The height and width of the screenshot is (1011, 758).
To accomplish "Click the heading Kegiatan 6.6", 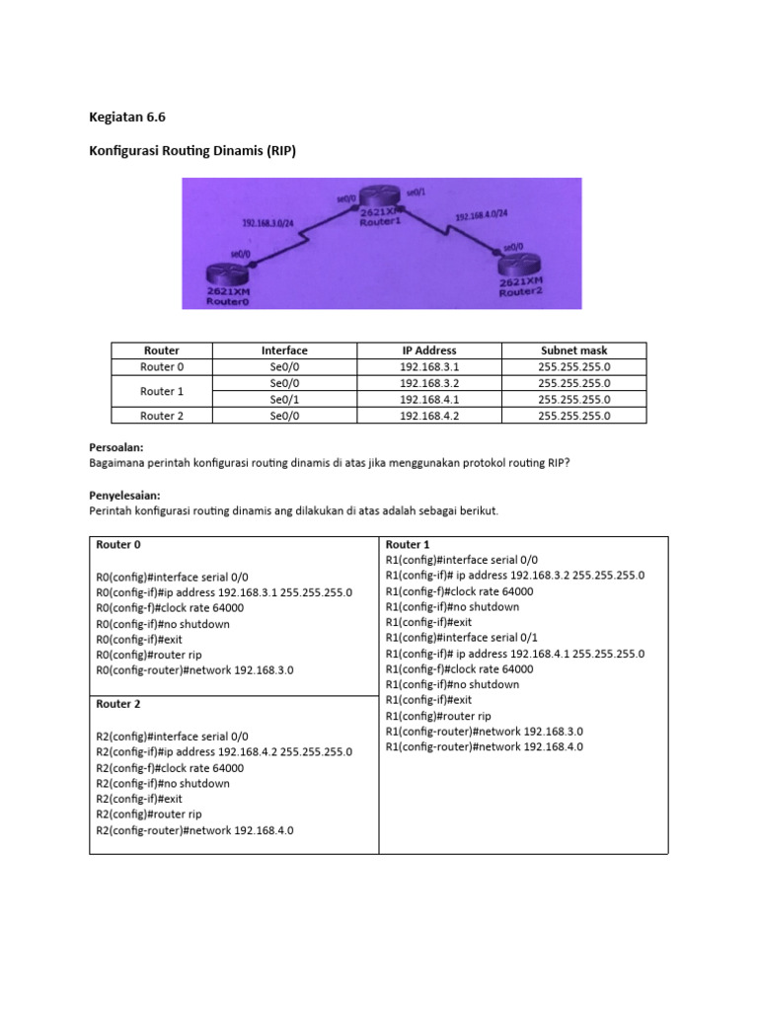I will click(127, 117).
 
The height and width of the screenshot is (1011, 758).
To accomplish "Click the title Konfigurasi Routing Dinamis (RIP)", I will click(192, 151).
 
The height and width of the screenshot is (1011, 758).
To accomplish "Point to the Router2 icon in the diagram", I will click(521, 267).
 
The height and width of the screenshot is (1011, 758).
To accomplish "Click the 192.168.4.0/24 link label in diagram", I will click(481, 214).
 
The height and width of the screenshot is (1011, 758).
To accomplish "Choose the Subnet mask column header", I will click(574, 350).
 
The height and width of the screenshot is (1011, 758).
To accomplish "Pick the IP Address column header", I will click(428, 350).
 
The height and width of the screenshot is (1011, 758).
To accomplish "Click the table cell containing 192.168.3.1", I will click(428, 366).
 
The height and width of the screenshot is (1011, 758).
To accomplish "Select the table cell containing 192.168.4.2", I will click(428, 416).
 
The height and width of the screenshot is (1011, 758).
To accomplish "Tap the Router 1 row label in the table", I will click(162, 391).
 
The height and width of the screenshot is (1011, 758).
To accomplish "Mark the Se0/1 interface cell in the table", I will click(284, 400).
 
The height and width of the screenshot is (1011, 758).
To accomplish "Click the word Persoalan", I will click(116, 446).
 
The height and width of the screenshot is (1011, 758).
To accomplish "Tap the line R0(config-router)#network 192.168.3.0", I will click(194, 670).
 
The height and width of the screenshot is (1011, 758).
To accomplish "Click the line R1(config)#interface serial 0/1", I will click(462, 637).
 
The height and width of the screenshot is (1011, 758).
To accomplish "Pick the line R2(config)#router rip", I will click(149, 815).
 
